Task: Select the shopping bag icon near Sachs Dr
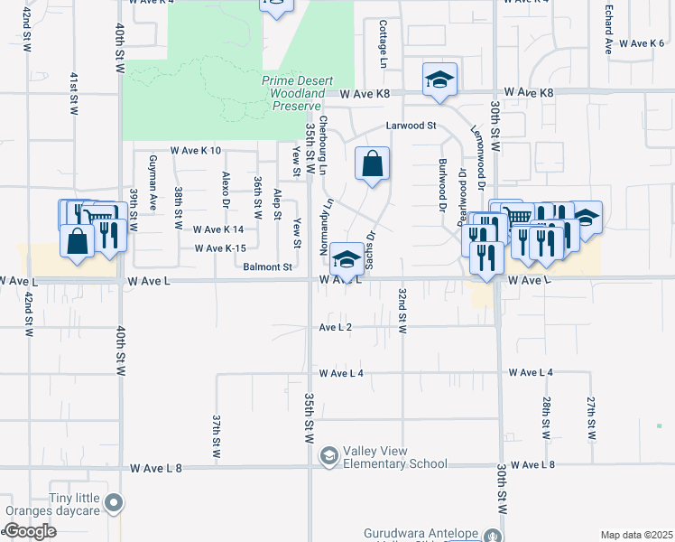click(372, 164)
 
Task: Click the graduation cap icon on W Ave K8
click(439, 80)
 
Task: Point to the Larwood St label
click(411, 126)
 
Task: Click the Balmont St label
click(268, 267)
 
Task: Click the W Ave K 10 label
click(196, 151)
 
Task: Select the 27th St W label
click(592, 417)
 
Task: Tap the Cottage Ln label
click(383, 38)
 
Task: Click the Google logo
click(30, 531)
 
